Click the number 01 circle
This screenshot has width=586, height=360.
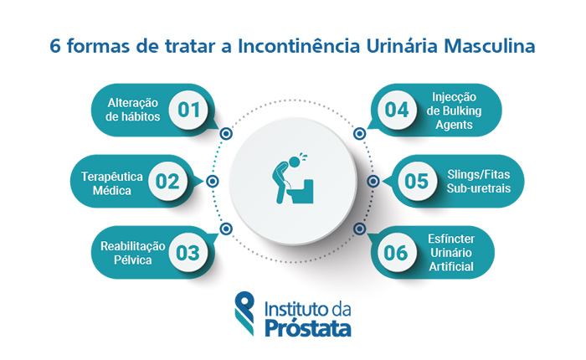click(189, 110)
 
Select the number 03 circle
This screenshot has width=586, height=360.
click(189, 252)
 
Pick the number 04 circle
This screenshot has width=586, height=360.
click(397, 110)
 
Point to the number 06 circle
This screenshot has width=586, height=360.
click(397, 252)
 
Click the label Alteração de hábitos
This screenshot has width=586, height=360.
click(133, 110)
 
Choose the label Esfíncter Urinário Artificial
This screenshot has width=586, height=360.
click(457, 252)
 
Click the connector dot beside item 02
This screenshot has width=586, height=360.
click(213, 181)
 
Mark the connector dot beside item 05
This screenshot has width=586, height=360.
click(373, 181)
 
